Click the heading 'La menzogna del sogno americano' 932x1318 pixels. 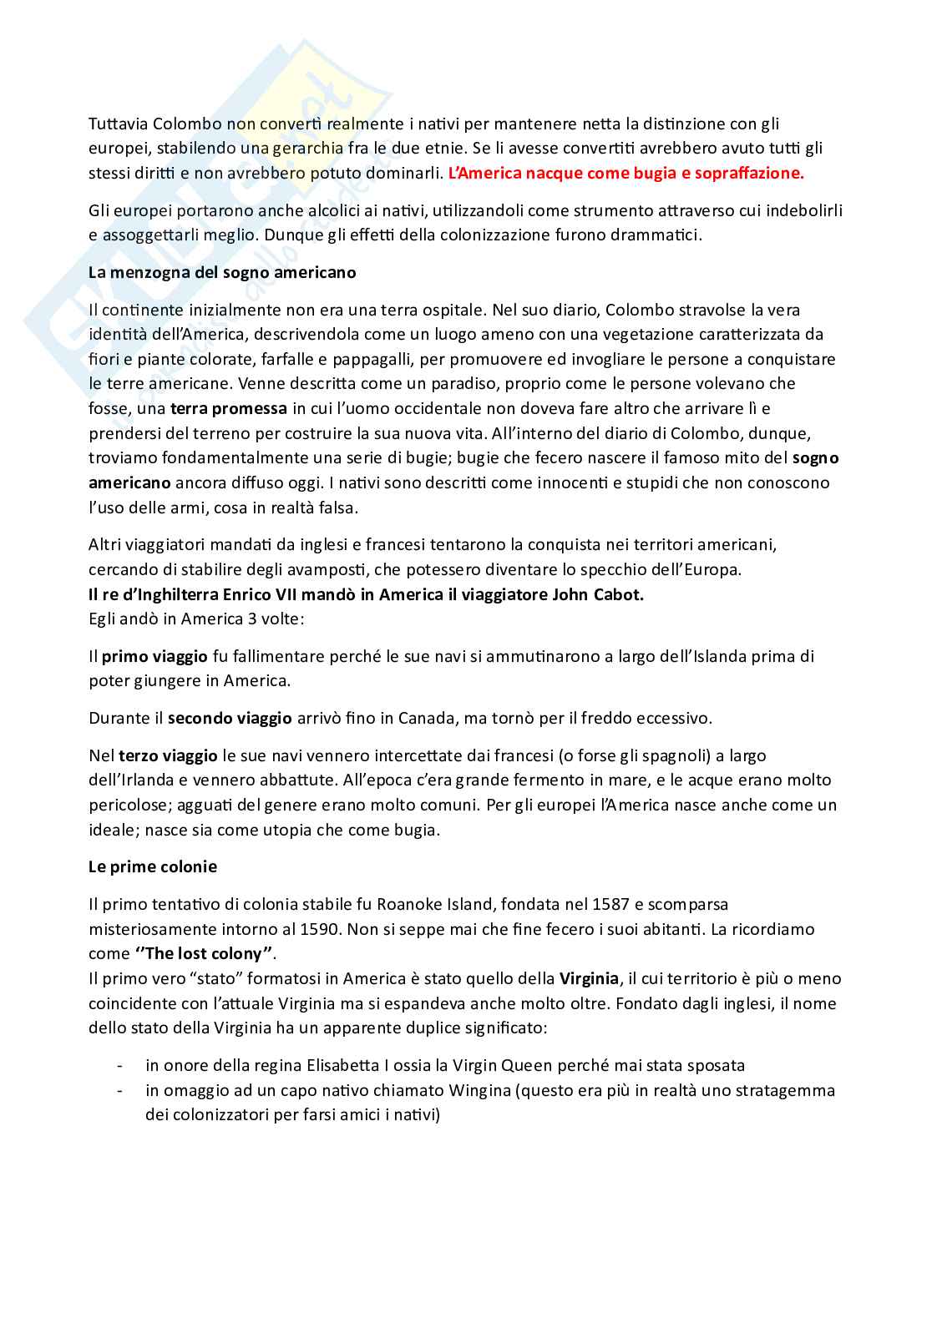222,272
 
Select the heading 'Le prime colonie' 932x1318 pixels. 153,866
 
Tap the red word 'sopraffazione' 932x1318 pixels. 752,174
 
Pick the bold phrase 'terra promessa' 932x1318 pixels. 229,409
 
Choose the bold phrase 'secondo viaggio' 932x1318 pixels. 230,718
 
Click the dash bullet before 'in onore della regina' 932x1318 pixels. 122,1065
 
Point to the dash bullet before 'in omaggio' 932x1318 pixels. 122,1090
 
